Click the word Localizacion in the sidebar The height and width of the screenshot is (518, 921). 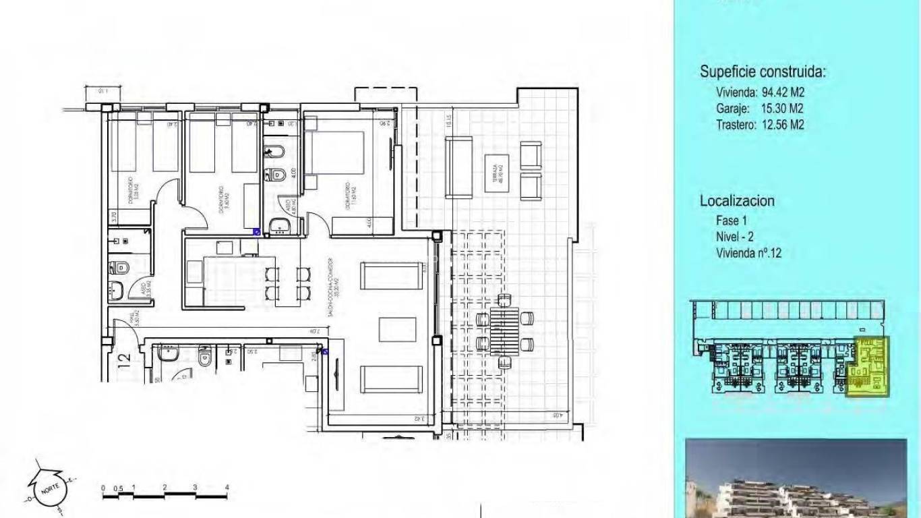737,200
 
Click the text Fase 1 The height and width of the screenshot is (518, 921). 732,221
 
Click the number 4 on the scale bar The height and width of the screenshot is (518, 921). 227,487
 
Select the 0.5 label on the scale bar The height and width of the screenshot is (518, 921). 118,488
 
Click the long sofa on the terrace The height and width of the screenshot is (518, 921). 458,167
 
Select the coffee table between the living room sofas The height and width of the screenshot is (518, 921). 391,330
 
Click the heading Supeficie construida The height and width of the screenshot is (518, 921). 763,72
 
